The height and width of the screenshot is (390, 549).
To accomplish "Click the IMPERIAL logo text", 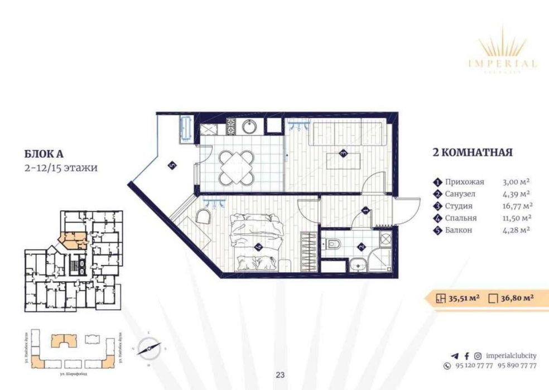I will pos(508,64).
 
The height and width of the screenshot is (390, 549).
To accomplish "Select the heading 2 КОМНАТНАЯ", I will pos(472,152).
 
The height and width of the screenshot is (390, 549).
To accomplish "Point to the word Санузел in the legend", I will pos(461,194).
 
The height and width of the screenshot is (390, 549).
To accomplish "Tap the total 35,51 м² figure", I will pos(464,298).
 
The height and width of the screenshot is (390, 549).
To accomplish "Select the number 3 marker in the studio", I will pos(344,152).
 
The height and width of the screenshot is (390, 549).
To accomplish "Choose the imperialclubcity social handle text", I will pos(511,355).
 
